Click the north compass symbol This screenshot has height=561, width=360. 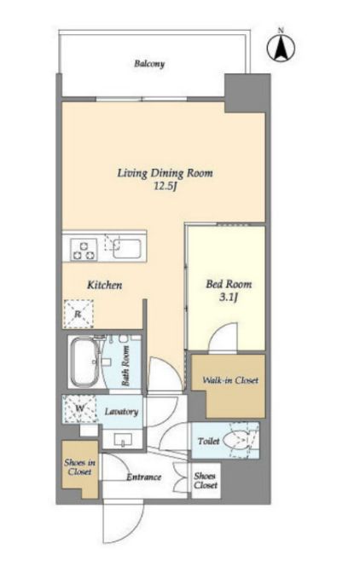coord(281,47)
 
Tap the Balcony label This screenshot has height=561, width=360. coord(149,64)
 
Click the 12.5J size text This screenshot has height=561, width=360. coord(165,187)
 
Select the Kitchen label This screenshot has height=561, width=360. coord(104,285)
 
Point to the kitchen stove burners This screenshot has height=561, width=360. coord(84,249)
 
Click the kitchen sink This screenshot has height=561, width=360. coord(127,249)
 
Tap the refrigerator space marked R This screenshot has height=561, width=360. coord(78,314)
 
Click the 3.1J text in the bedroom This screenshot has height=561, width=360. coord(229,298)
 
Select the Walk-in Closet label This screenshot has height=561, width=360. coord(230,380)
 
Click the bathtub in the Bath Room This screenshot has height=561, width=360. coord(87,361)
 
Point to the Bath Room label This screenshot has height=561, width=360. coord(125,366)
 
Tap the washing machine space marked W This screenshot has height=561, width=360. coord(79,408)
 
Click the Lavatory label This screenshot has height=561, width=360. coord(121,412)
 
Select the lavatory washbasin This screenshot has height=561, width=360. coord(123,439)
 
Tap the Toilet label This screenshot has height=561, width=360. coord(209,441)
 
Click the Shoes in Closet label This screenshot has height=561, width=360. coord(80,467)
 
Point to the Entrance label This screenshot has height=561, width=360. coord(144,477)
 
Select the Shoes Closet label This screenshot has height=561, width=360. coord(206,481)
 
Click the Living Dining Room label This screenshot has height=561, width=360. coord(165,173)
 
